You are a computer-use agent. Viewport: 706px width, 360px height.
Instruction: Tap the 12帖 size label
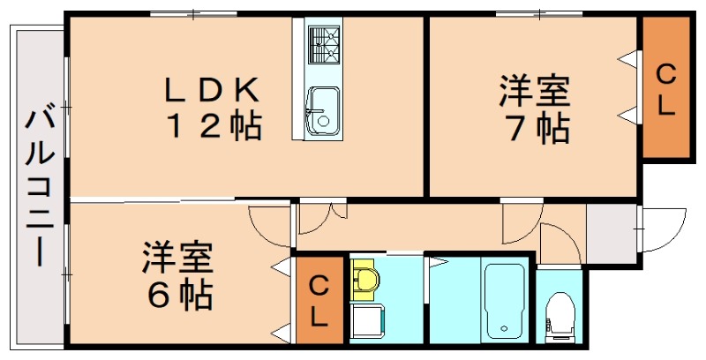pos(214,127)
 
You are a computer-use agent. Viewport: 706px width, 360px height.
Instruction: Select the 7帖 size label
pos(535,129)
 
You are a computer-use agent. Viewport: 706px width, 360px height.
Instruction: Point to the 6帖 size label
pos(178,294)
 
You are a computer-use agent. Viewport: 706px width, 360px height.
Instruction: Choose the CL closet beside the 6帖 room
pos(319,299)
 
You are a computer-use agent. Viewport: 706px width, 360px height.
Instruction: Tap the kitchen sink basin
pos(321,111)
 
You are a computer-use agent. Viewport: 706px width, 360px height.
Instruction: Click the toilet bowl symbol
pos(560,313)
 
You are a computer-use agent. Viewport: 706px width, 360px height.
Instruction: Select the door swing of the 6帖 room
pos(269,226)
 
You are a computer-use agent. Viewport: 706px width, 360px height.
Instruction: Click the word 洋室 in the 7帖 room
pos(535,91)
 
